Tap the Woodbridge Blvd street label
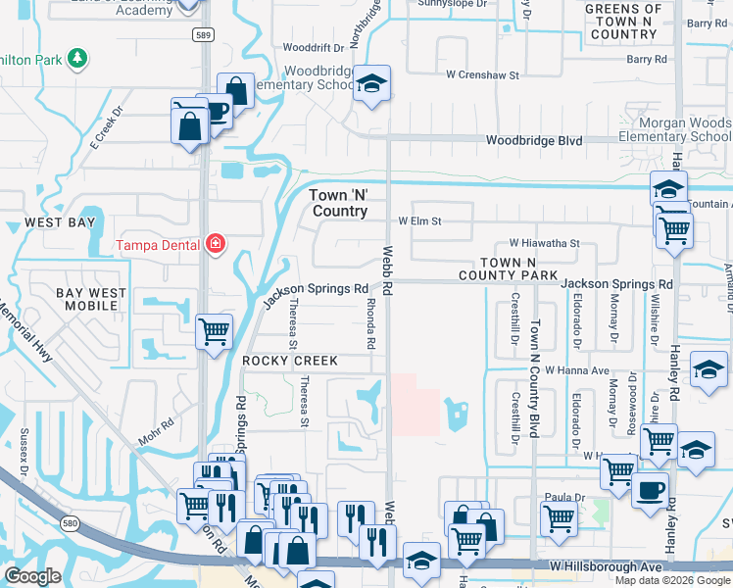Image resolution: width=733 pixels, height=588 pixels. (534, 141)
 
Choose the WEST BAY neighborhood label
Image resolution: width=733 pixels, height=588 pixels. (60, 223)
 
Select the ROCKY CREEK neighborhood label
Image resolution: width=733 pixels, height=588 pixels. (290, 362)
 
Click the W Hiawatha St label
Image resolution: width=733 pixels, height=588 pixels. (544, 243)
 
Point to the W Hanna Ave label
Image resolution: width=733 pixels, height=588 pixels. (578, 370)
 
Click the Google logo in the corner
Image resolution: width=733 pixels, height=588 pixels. (33, 576)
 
